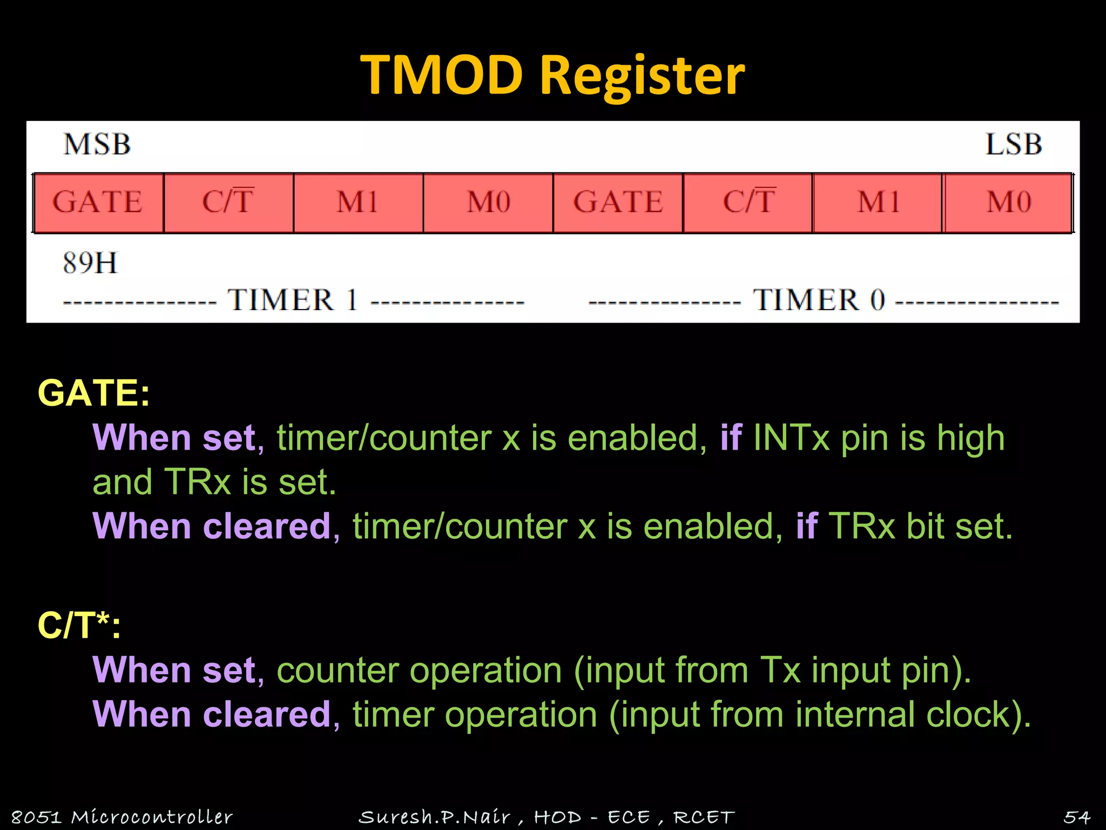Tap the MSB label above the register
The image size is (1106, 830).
click(97, 144)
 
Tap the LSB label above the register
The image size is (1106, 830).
click(1013, 144)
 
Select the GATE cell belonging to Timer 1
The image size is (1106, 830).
click(98, 203)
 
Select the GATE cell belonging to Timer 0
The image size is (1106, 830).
click(618, 203)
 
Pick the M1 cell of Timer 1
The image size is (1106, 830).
click(358, 203)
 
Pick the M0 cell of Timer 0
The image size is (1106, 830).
click(1009, 203)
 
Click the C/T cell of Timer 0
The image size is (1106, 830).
click(748, 203)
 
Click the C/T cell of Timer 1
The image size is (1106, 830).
click(228, 203)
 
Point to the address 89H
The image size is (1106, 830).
click(90, 263)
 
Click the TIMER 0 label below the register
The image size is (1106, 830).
click(819, 300)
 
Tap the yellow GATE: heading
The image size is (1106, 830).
click(93, 393)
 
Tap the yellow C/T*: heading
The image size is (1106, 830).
click(79, 626)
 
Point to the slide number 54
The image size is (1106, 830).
click(1077, 817)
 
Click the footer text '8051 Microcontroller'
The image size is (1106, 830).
click(122, 817)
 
